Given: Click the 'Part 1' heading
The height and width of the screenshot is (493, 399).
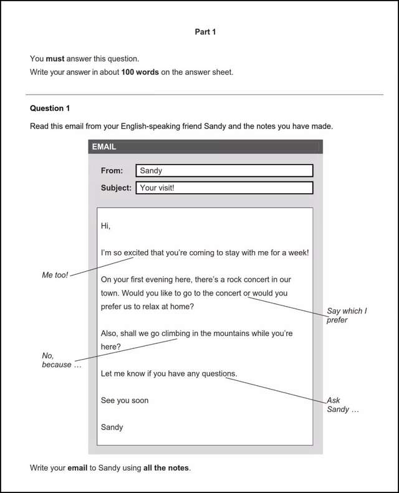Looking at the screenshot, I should (x=205, y=32).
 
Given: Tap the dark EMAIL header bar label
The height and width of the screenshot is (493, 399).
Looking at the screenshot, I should (x=104, y=147).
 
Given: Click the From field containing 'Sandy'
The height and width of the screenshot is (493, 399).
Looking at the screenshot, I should (x=224, y=171).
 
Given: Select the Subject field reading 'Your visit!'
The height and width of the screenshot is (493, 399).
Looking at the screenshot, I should (x=224, y=188).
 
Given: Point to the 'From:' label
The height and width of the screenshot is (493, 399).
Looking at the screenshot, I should (x=112, y=171).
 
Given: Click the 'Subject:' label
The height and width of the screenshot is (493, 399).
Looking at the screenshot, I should (x=116, y=188).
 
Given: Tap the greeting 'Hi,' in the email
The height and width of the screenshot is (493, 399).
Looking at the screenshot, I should (x=105, y=226).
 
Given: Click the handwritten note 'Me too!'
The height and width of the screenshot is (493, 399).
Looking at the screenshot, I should (x=55, y=275).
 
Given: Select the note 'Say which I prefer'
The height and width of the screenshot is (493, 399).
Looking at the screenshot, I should (x=347, y=315).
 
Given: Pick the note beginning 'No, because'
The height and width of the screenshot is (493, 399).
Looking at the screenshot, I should (x=61, y=360).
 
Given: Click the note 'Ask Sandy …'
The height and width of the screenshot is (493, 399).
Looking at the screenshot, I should (x=342, y=405).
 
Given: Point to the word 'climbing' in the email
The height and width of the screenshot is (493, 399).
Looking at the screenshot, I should (x=175, y=333).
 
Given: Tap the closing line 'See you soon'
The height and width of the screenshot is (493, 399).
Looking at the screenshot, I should (x=125, y=400).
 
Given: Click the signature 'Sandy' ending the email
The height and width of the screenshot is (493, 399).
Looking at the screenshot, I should (x=112, y=428).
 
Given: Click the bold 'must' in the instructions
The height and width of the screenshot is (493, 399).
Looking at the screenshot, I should (x=55, y=59).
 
